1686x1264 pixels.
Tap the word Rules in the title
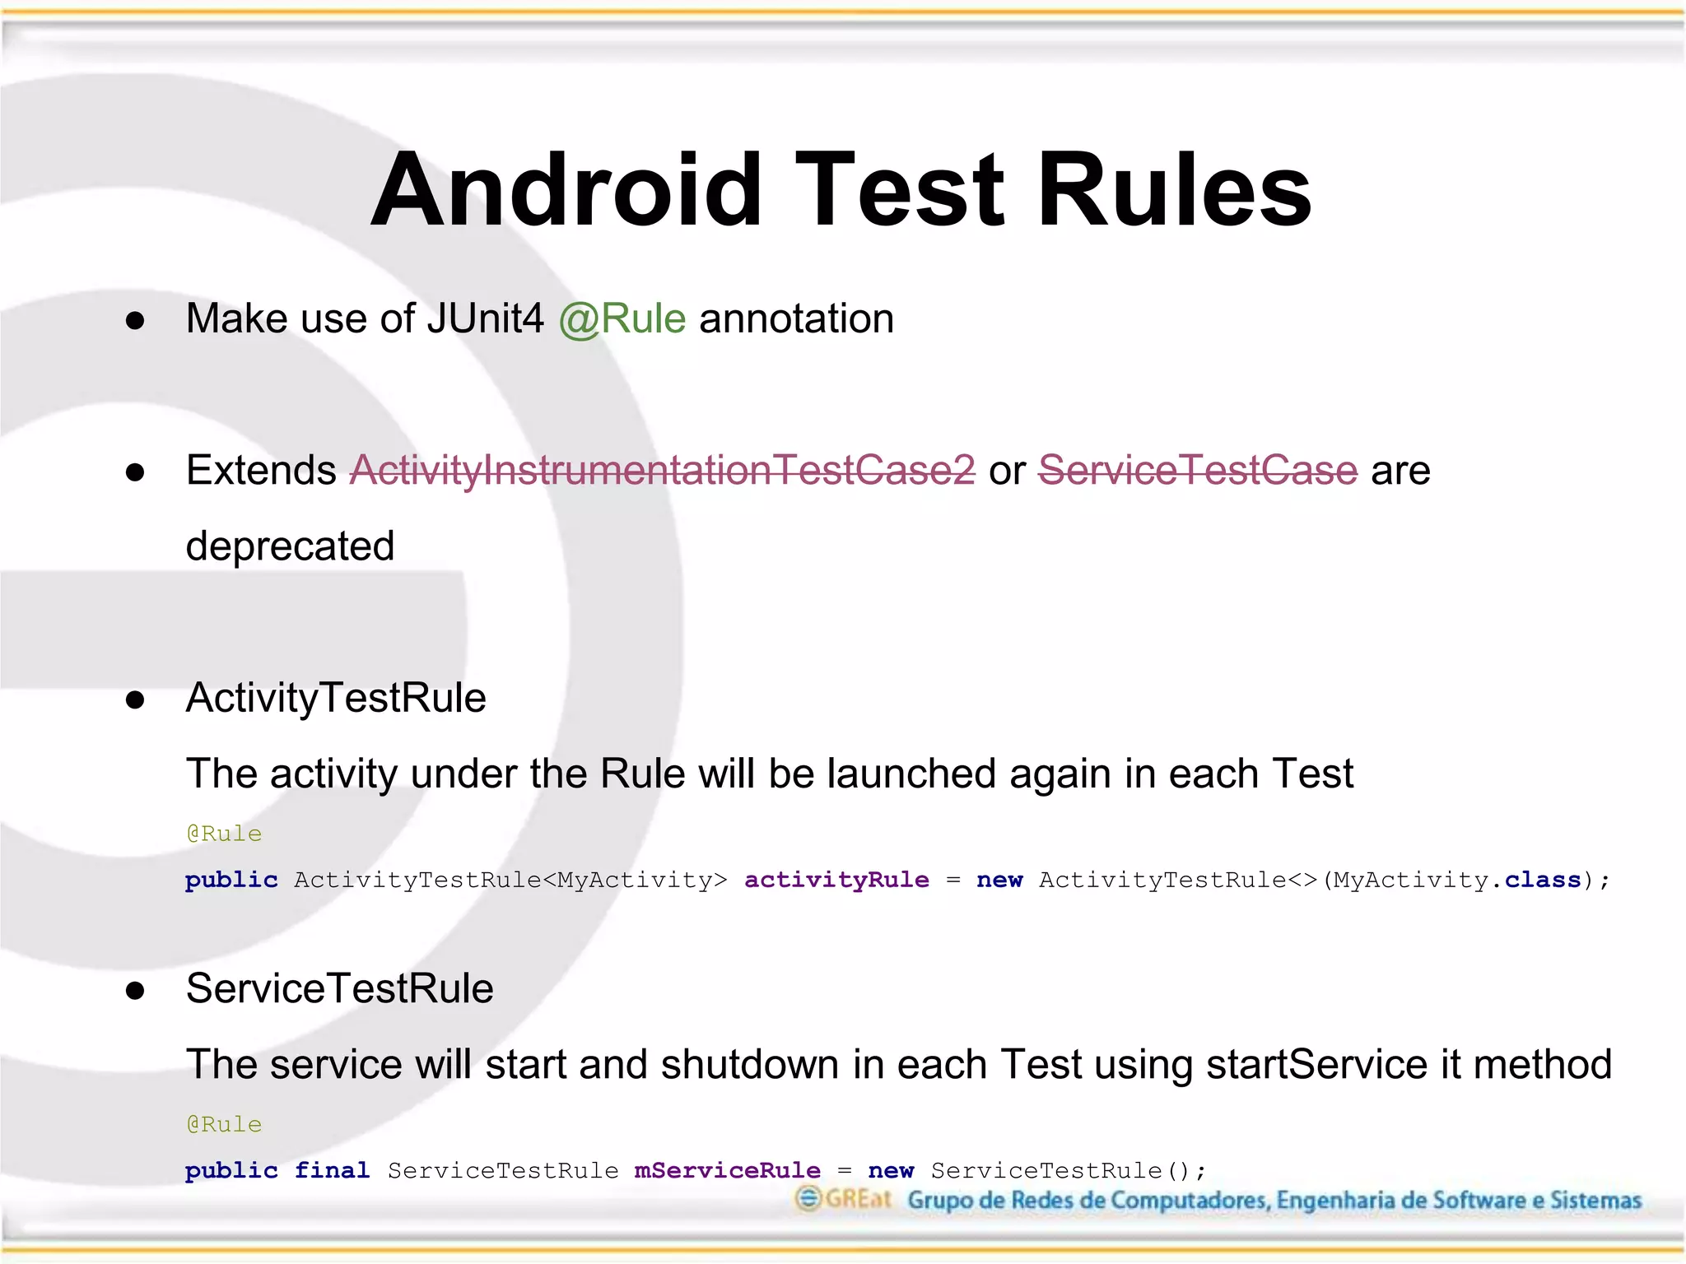click(x=1174, y=191)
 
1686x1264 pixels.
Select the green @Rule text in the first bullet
click(x=622, y=319)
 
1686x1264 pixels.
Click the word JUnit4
click(x=485, y=319)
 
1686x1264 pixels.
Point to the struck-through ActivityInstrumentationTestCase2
click(x=662, y=471)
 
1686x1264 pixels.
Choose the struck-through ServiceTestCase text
click(x=1197, y=471)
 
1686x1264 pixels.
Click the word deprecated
click(x=290, y=546)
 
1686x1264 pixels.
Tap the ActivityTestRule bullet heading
click(x=336, y=698)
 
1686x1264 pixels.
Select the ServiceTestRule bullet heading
click(x=339, y=988)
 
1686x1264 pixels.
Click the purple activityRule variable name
click(x=836, y=880)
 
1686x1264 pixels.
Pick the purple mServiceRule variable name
click(x=727, y=1170)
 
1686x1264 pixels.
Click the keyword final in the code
click(x=332, y=1170)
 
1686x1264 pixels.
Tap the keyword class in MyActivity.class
click(x=1543, y=880)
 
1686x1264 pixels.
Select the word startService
click(x=1316, y=1065)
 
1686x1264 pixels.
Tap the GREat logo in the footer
click(x=843, y=1199)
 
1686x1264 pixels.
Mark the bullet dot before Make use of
click(x=135, y=320)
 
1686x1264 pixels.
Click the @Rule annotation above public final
click(x=224, y=1124)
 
